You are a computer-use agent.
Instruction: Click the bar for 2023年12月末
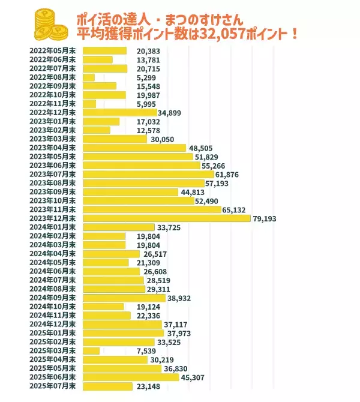166,218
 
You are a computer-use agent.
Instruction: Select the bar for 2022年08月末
88,77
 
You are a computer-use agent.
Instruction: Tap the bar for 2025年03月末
91,351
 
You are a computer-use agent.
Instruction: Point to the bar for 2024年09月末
124,298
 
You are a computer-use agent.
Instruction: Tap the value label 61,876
235,174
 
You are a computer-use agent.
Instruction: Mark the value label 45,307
197,377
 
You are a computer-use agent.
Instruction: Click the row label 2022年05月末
53,51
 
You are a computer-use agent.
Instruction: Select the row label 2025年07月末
53,386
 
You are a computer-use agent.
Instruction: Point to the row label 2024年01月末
53,227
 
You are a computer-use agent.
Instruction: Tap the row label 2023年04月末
53,148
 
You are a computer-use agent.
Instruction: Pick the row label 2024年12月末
53,325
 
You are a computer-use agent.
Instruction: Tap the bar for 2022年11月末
89,104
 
